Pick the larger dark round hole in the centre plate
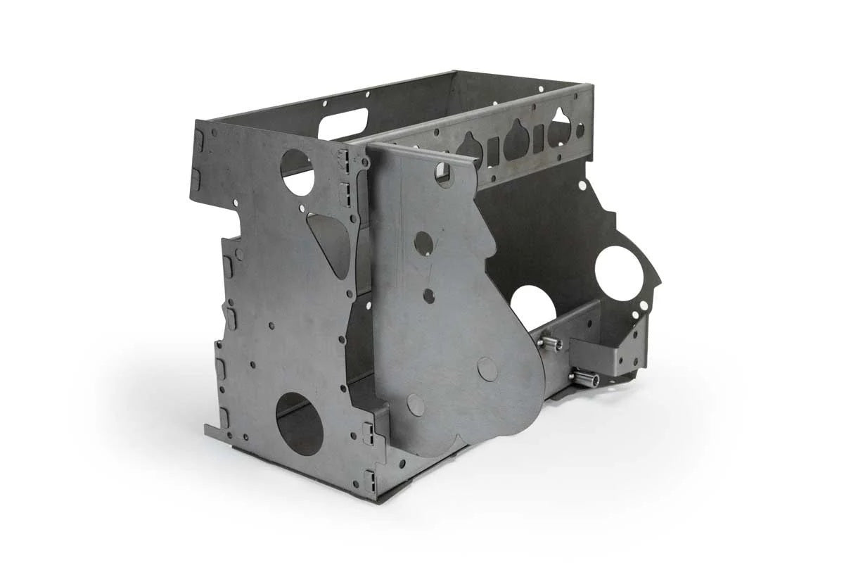(423, 243)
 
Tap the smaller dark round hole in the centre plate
(428, 296)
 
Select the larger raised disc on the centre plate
(487, 369)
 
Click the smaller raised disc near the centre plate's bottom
(416, 405)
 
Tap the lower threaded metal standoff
(585, 379)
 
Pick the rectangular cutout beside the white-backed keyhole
(538, 139)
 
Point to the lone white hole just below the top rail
(582, 186)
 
